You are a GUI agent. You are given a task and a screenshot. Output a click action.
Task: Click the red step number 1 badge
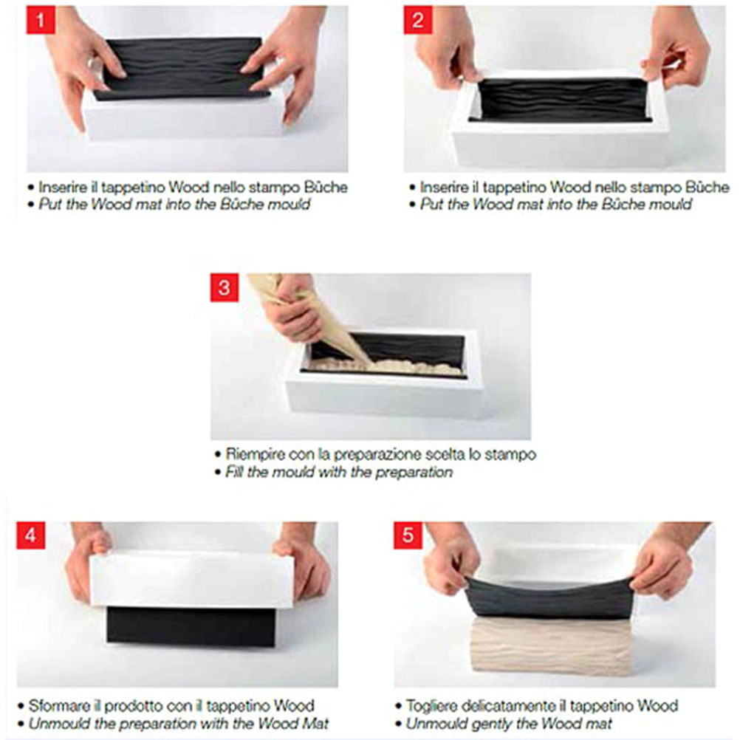41,20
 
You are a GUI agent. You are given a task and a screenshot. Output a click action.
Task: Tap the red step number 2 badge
418,20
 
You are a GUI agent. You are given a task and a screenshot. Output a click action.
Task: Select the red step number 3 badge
225,287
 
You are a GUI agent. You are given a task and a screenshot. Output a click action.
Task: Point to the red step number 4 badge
31,535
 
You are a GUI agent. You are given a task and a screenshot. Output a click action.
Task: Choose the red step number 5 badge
408,535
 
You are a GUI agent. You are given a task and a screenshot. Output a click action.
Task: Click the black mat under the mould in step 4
191,627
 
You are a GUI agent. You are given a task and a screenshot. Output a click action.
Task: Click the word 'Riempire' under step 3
255,454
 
